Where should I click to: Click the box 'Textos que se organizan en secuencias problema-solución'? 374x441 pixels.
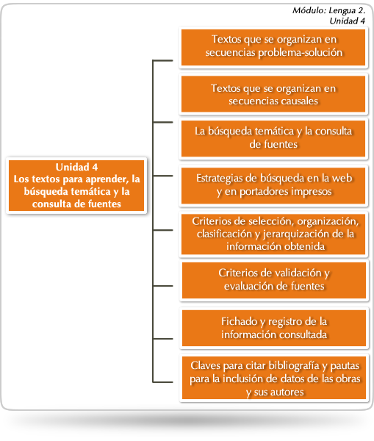[273, 48]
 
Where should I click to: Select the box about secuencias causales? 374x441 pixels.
[273, 94]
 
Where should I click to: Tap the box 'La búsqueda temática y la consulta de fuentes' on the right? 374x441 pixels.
[273, 139]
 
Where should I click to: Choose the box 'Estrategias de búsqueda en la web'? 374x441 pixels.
[273, 186]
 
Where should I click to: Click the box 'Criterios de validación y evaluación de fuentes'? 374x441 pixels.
[274, 280]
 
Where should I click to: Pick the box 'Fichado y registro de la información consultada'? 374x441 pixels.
[274, 328]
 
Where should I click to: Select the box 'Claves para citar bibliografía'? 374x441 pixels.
[274, 378]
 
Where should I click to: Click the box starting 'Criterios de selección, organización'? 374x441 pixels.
[273, 234]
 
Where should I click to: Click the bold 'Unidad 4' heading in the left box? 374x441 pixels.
[76, 167]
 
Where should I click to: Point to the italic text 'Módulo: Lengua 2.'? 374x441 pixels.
[328, 10]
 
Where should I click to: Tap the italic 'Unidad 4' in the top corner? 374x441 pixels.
[348, 21]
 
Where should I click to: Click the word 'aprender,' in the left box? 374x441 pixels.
[107, 179]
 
